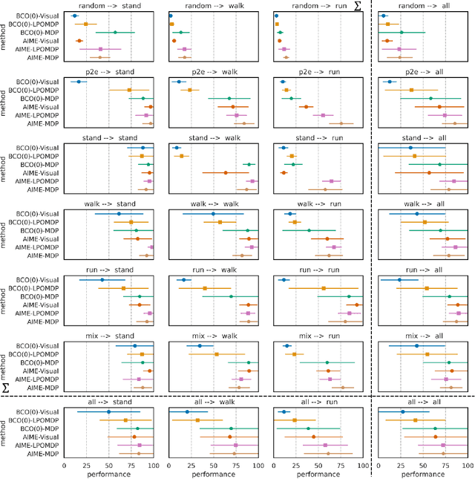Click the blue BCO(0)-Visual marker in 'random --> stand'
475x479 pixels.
coord(73,16)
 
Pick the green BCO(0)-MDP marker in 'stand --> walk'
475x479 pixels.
coord(249,164)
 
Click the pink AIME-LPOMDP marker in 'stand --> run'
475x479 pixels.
coord(332,181)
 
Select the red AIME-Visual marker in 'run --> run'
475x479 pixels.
coord(357,304)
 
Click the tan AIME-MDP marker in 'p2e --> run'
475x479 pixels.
coord(341,123)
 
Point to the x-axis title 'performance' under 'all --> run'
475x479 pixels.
coord(317,472)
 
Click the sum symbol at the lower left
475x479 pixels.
coord(6,388)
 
